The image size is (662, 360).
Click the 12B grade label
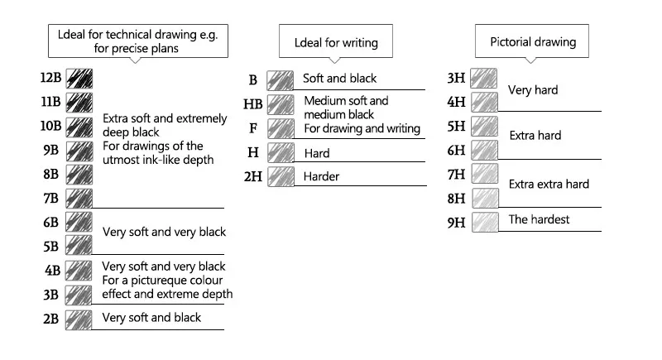pyautogui.click(x=51, y=79)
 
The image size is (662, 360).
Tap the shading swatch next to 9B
pyautogui.click(x=79, y=151)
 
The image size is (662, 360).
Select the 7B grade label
pyautogui.click(x=51, y=199)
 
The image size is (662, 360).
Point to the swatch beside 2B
pyautogui.click(x=79, y=319)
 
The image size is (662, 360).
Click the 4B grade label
pyautogui.click(x=51, y=271)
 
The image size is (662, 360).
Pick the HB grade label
pyautogui.click(x=253, y=104)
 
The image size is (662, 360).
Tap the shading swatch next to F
pyautogui.click(x=281, y=128)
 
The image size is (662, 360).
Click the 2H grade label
pyautogui.click(x=253, y=176)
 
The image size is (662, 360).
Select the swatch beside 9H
pyautogui.click(x=484, y=222)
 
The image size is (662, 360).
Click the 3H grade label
pyautogui.click(x=457, y=79)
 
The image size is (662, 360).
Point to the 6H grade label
pyautogui.click(x=457, y=151)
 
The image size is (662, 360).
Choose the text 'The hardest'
pyautogui.click(x=540, y=219)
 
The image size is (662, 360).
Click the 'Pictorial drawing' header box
pyautogui.click(x=533, y=41)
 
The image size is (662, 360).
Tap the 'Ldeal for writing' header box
pyautogui.click(x=335, y=42)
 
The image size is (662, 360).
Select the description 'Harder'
pyautogui.click(x=322, y=176)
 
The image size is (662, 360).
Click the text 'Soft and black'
pyautogui.click(x=339, y=79)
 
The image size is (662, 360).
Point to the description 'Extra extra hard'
pyautogui.click(x=549, y=184)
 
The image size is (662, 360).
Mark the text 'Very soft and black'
pyautogui.click(x=151, y=318)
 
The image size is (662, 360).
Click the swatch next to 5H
pyautogui.click(x=484, y=127)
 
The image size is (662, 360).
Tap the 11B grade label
pyautogui.click(x=51, y=103)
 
